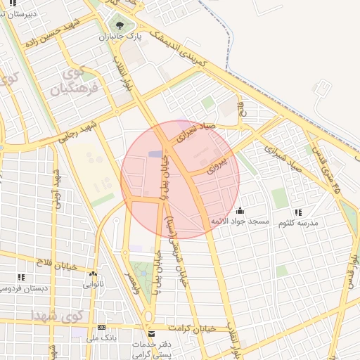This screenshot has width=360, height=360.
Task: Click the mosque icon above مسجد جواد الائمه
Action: pyautogui.click(x=240, y=210)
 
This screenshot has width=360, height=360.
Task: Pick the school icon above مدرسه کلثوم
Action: pyautogui.click(x=298, y=212)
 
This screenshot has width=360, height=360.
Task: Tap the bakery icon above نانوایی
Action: pyautogui.click(x=93, y=274)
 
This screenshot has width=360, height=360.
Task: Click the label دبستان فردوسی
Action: pyautogui.click(x=24, y=288)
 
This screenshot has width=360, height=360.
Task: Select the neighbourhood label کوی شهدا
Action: pyautogui.click(x=56, y=314)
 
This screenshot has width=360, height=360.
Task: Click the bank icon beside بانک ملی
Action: pyautogui.click(x=102, y=327)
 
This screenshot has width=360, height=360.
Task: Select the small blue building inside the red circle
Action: pyautogui.click(x=155, y=154)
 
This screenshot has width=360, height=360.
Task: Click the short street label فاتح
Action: pyautogui.click(x=241, y=109)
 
